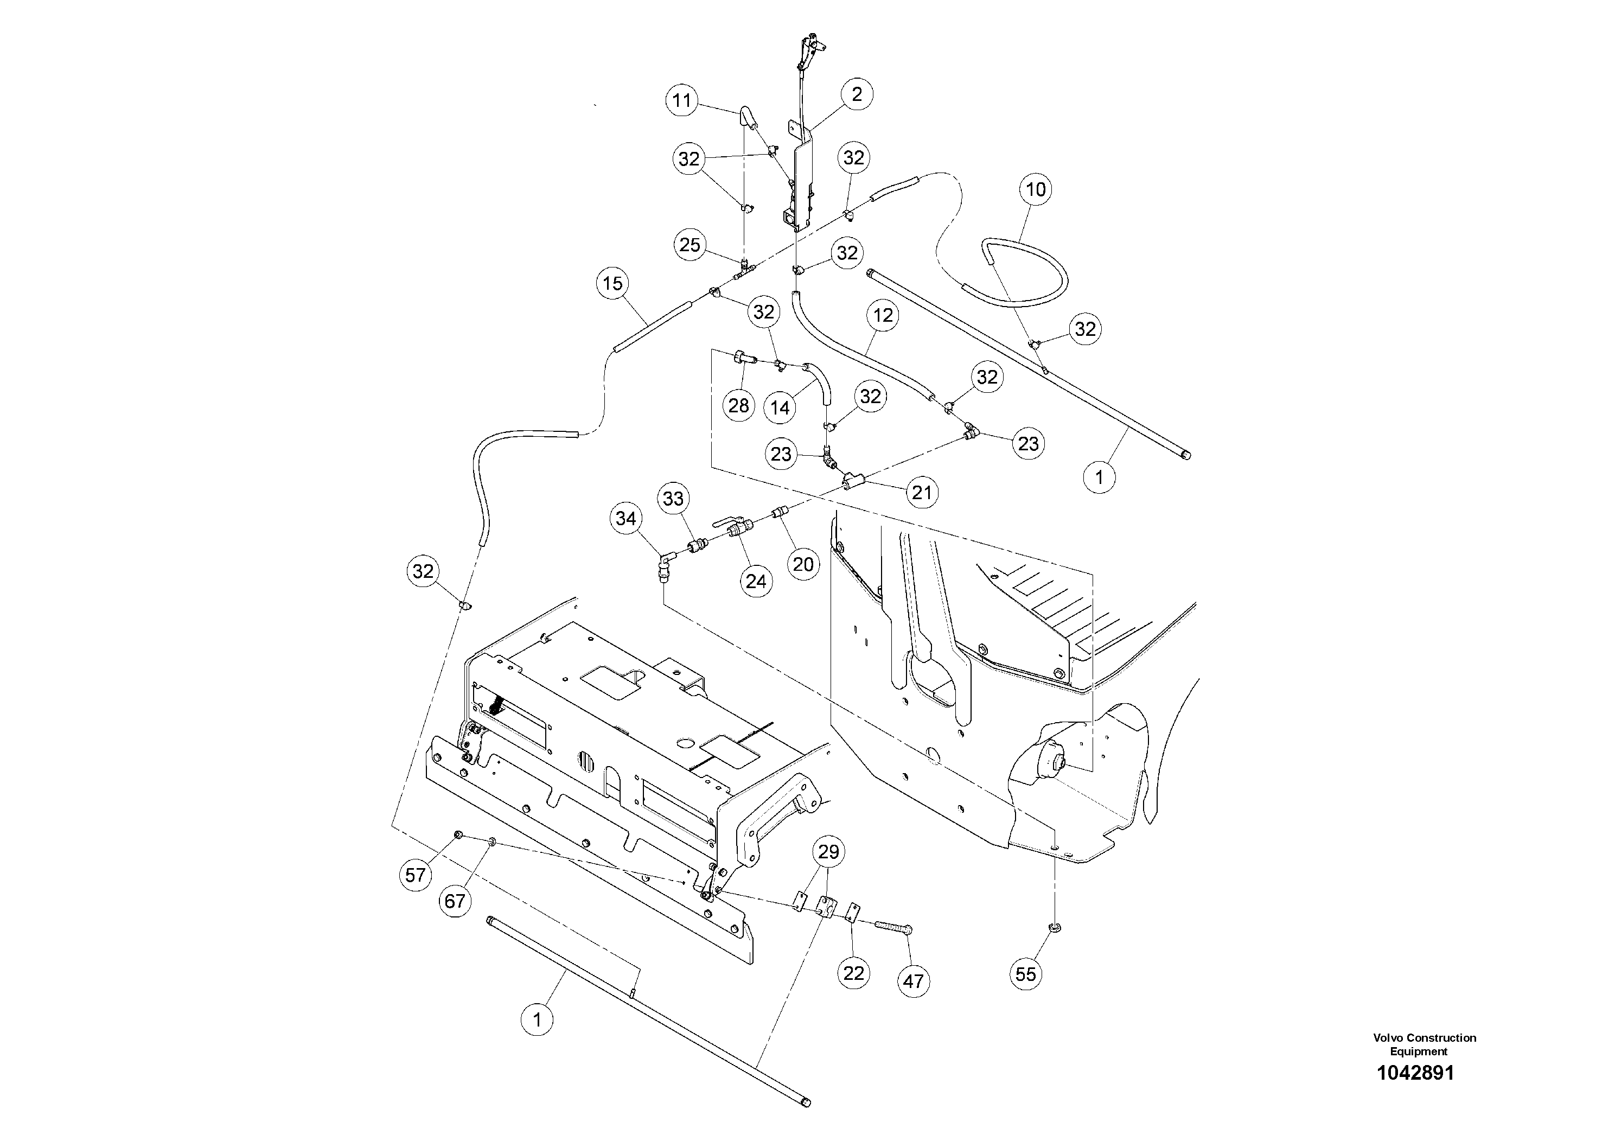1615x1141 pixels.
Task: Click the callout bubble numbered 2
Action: [x=857, y=94]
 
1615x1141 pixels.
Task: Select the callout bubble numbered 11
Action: [x=681, y=100]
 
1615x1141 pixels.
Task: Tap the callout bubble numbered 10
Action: [x=1036, y=189]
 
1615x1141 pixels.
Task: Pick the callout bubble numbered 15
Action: [x=612, y=284]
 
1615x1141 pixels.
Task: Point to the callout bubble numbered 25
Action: [x=690, y=245]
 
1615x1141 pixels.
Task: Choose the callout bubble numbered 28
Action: [x=738, y=405]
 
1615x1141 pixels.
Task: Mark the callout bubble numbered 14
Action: [x=780, y=407]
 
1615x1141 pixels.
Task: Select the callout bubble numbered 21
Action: [x=922, y=493]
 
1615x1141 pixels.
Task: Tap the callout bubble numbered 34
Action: [x=626, y=519]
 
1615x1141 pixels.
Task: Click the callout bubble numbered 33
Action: [x=673, y=499]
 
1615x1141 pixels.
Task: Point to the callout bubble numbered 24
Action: [x=756, y=581]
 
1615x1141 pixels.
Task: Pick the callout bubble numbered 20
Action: [x=803, y=564]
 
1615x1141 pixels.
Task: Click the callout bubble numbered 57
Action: [x=416, y=875]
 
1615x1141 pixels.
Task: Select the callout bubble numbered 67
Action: [x=455, y=901]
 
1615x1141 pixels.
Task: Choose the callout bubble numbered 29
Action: [x=828, y=852]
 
